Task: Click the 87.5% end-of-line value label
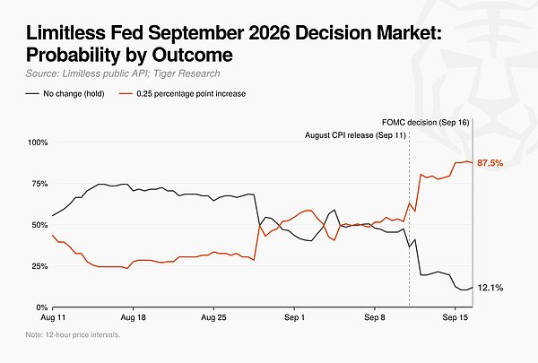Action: click(x=490, y=163)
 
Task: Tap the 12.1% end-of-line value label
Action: click(x=490, y=288)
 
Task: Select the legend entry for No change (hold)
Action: click(x=65, y=94)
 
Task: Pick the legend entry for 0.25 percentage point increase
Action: click(x=183, y=94)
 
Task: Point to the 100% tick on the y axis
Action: click(x=38, y=143)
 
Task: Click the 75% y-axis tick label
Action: click(x=39, y=184)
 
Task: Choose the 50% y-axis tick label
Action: click(x=39, y=225)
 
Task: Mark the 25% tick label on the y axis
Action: click(x=39, y=266)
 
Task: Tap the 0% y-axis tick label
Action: click(x=42, y=307)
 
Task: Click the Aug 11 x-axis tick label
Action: click(x=53, y=317)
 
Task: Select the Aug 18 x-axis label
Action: click(x=133, y=317)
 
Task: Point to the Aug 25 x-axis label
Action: click(x=213, y=317)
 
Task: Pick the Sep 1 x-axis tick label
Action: click(x=294, y=317)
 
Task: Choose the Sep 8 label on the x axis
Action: click(x=375, y=317)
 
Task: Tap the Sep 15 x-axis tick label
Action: click(x=456, y=317)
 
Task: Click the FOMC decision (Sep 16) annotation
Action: click(x=425, y=123)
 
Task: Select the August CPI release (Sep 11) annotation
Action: click(x=355, y=135)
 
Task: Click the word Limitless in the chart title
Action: click(x=65, y=33)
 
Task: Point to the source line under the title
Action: click(x=123, y=73)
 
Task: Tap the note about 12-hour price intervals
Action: click(x=74, y=334)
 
